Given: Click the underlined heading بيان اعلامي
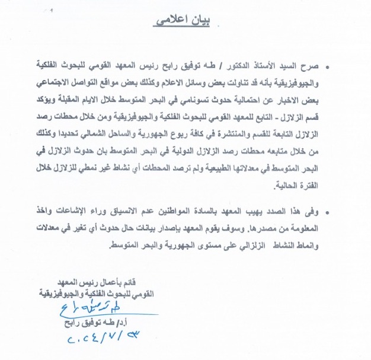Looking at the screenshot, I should click(186, 20).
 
